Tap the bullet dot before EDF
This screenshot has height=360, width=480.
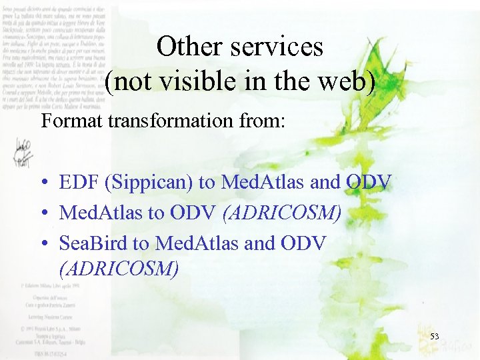click(x=43, y=182)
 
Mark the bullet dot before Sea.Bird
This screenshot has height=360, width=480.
click(x=43, y=244)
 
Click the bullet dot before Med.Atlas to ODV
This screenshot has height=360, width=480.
click(x=43, y=213)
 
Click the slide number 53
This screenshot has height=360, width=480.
click(x=434, y=337)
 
